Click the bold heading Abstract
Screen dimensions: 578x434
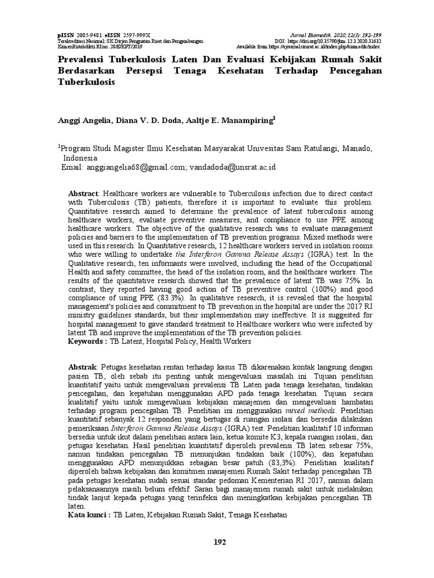[83, 192]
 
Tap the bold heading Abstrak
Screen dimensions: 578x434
[83, 366]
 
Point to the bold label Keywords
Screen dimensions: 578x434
[87, 341]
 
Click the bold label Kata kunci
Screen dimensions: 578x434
[89, 515]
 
